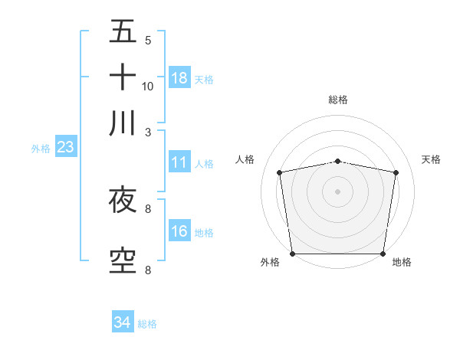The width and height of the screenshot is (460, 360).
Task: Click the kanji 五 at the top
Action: (123, 31)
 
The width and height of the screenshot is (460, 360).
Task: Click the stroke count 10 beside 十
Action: (148, 86)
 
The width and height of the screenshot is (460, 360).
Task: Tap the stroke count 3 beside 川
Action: (148, 131)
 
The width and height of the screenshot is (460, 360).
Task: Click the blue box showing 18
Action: (179, 77)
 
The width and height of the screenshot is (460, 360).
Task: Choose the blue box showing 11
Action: (179, 162)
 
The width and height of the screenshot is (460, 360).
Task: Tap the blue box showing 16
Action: (179, 231)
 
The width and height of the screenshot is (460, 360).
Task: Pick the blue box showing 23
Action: (65, 147)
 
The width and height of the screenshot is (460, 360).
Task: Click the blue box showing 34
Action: (123, 322)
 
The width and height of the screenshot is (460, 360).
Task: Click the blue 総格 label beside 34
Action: (147, 324)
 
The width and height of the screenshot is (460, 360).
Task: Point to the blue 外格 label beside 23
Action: (41, 149)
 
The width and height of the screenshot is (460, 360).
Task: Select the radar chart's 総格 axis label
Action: (337, 100)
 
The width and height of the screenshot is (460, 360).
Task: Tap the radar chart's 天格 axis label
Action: (431, 159)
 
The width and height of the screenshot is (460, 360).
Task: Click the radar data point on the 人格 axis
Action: (280, 172)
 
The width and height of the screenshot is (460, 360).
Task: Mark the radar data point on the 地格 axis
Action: (383, 253)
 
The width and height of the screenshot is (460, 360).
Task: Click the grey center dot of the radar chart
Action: (337, 191)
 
